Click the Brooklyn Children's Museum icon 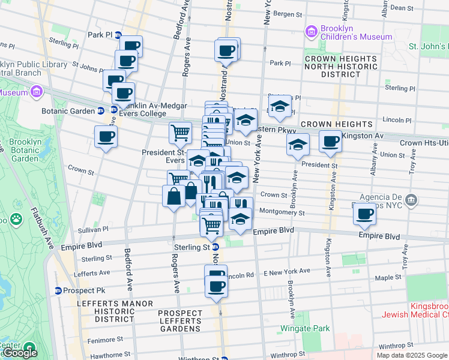(311, 31)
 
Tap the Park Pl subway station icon (118, 35)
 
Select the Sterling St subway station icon (215, 247)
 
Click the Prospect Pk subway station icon (58, 290)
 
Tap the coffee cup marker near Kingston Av (330, 142)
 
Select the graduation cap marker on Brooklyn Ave (298, 145)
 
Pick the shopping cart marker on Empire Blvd (211, 226)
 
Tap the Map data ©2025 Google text (411, 355)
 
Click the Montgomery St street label (282, 212)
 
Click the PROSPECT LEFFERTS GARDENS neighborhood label (180, 321)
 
